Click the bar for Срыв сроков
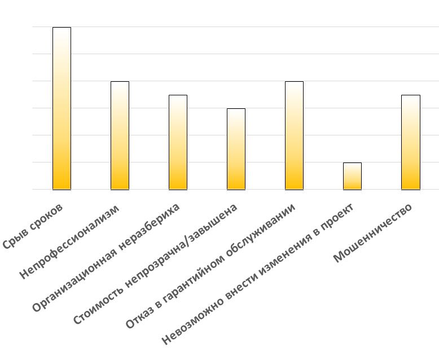point(62,108)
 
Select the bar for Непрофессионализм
point(120,135)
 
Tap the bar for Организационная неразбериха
point(178,142)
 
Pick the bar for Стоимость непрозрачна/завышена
point(236,149)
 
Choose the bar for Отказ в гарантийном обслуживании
point(294,135)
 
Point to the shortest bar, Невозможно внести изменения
point(352,176)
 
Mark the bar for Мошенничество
point(410,142)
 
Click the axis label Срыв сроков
point(33,227)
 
